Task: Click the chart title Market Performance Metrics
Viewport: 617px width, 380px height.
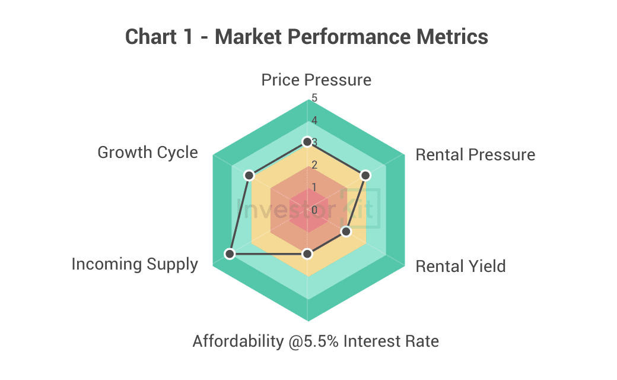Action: click(x=351, y=37)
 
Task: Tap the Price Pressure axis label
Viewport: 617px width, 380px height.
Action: click(x=316, y=80)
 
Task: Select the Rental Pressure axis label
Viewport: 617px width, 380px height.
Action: click(x=475, y=155)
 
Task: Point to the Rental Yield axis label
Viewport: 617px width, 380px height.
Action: click(x=460, y=266)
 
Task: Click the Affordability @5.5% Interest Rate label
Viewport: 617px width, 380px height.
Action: click(x=316, y=341)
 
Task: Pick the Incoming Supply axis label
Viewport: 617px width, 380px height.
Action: click(x=135, y=264)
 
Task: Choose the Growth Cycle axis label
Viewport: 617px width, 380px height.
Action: click(x=148, y=153)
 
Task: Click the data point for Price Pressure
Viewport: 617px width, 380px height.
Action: click(x=307, y=142)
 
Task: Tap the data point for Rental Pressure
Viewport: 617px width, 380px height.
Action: click(x=365, y=175)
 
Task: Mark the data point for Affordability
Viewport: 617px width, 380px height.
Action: click(x=307, y=254)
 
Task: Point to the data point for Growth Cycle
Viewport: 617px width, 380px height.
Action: click(x=250, y=175)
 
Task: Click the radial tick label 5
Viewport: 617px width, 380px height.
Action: click(x=314, y=98)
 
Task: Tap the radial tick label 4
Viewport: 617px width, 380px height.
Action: click(x=314, y=121)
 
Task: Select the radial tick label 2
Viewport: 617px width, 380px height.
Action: click(x=314, y=165)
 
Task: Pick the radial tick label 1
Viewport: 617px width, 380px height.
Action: click(x=314, y=188)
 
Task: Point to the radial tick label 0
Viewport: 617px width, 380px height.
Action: click(x=314, y=210)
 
